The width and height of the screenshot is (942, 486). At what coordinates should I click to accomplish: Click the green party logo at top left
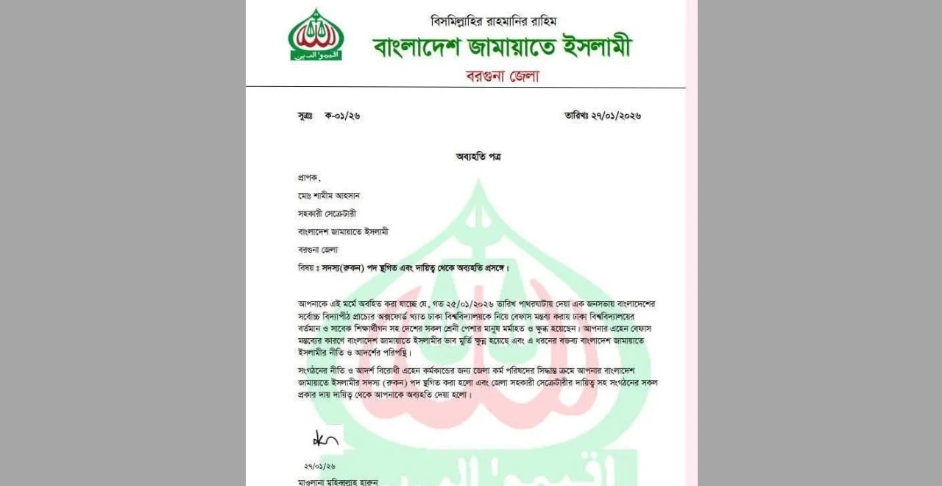[x=315, y=35]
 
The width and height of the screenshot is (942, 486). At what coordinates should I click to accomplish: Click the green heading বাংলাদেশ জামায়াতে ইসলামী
[x=502, y=49]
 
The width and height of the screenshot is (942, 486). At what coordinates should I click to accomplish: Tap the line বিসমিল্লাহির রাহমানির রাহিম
[x=498, y=21]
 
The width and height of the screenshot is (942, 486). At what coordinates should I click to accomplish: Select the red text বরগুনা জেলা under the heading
[x=503, y=76]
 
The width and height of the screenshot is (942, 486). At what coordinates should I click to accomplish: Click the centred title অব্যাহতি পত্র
[x=478, y=156]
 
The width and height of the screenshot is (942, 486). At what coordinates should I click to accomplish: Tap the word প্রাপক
[x=309, y=177]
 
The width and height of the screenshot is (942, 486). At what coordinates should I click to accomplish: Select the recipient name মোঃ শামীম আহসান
[x=330, y=195]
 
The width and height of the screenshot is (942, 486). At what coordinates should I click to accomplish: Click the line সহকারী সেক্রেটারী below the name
[x=332, y=214]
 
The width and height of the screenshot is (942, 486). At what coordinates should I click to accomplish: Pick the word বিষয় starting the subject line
[x=307, y=267]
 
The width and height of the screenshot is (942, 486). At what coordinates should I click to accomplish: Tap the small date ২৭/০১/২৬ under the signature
[x=320, y=466]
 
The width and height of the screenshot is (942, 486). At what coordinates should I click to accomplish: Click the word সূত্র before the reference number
[x=305, y=116]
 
